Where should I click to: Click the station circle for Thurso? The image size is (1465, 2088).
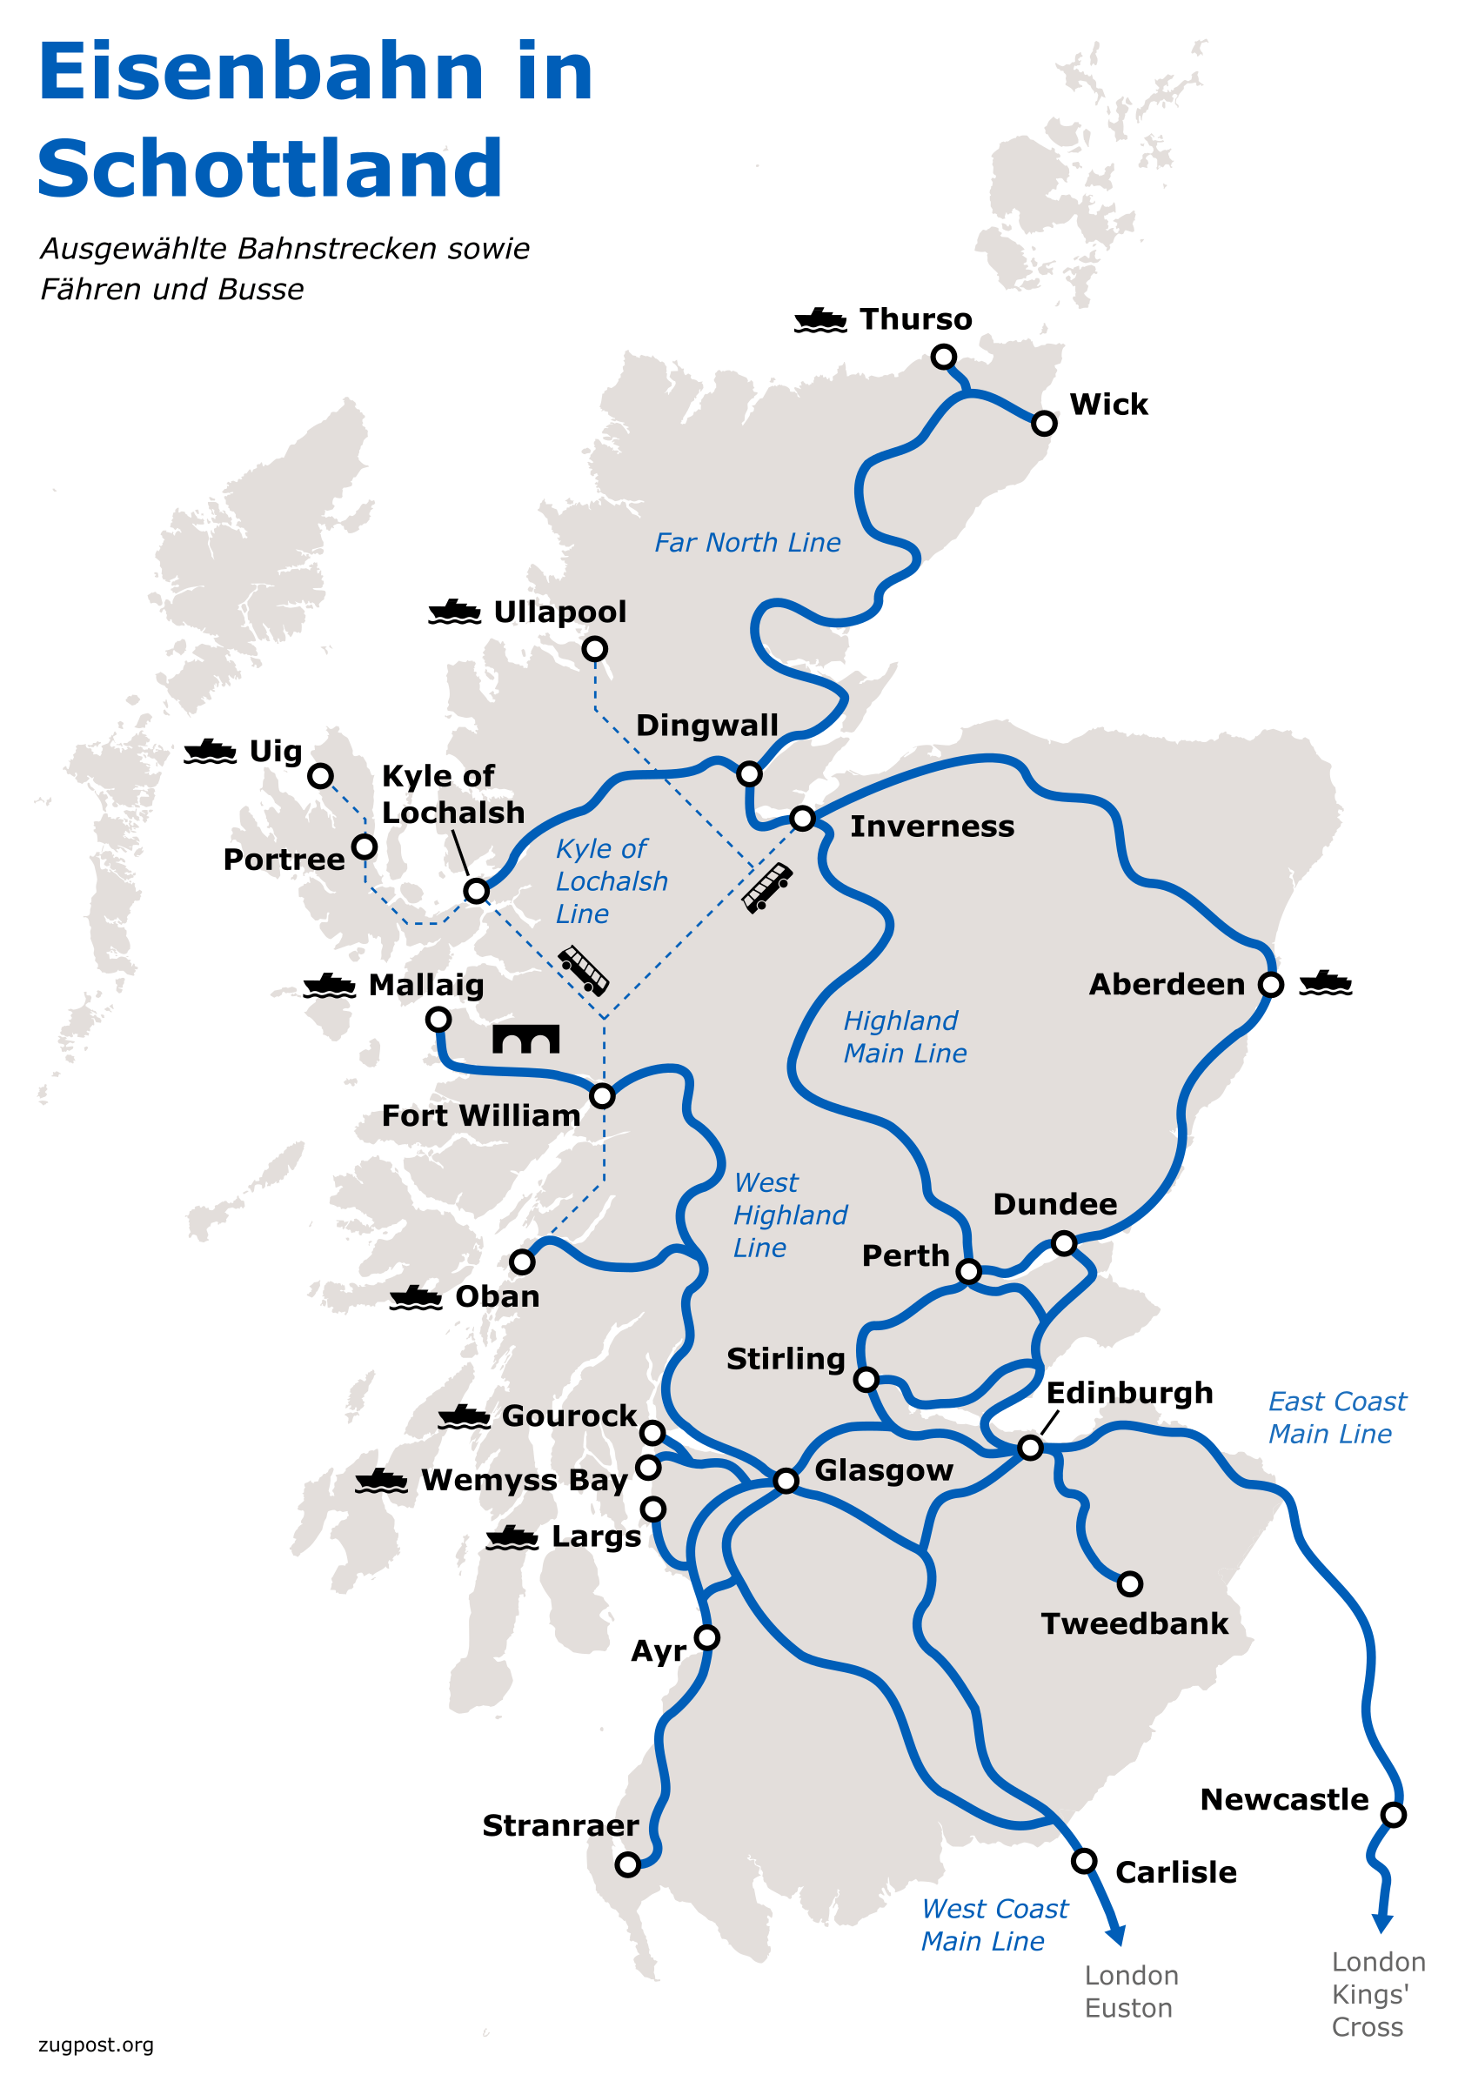(x=943, y=357)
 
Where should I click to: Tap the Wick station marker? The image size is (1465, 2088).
(x=1044, y=423)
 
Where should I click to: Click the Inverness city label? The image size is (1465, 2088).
(x=931, y=826)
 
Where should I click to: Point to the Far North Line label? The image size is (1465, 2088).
(x=746, y=543)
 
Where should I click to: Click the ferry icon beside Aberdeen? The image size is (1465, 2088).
(x=1325, y=983)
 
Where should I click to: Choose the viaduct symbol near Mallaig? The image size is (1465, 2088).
(x=525, y=1039)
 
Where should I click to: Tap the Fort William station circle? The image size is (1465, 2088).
(x=602, y=1096)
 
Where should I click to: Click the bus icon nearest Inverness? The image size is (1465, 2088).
(x=766, y=887)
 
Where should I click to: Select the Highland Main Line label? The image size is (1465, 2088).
(x=904, y=1037)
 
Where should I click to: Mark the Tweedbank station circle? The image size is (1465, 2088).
(x=1129, y=1584)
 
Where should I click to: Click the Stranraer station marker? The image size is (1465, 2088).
(x=627, y=1864)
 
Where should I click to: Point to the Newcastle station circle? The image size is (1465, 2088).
(x=1393, y=1815)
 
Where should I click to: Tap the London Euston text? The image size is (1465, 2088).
(x=1130, y=1991)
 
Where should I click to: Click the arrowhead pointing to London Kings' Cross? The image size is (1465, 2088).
(x=1382, y=1924)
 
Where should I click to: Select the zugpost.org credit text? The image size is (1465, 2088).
(x=96, y=2045)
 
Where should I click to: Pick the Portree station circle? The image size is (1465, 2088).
(x=365, y=847)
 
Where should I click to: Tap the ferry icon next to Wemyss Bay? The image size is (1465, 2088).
(x=380, y=1482)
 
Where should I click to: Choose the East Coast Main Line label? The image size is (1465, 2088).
(x=1336, y=1418)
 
